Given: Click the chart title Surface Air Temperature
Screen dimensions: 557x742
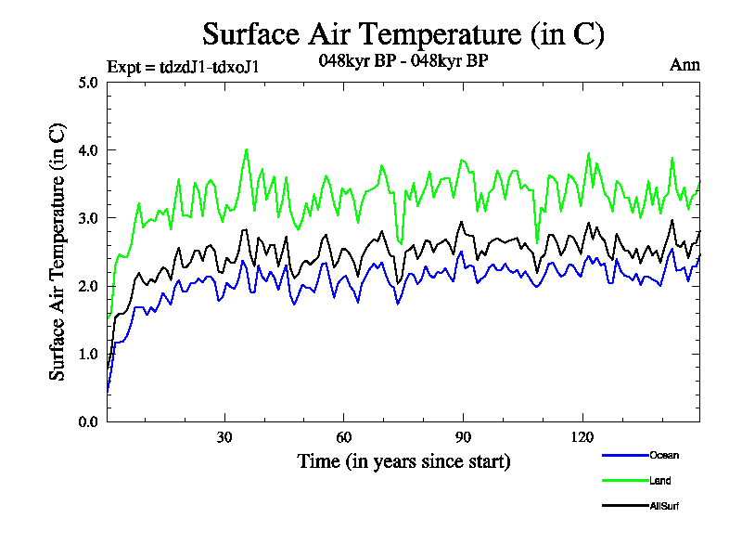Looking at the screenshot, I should [x=403, y=34].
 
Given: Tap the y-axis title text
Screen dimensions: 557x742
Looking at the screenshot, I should [x=58, y=252].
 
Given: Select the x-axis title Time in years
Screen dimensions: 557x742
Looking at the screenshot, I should [x=403, y=460].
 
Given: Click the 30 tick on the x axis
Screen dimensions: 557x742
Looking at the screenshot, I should [x=224, y=437].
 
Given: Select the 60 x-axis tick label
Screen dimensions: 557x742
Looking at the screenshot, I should [x=343, y=437].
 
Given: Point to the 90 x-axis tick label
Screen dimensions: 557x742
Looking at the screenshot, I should [x=463, y=437].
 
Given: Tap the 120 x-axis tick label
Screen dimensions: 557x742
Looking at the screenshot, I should [x=582, y=437].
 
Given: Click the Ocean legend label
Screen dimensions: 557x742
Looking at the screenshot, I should [x=664, y=455].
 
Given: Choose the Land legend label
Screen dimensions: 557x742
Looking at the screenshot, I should [x=660, y=481].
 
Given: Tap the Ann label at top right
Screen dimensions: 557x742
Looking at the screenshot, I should [x=684, y=65].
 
